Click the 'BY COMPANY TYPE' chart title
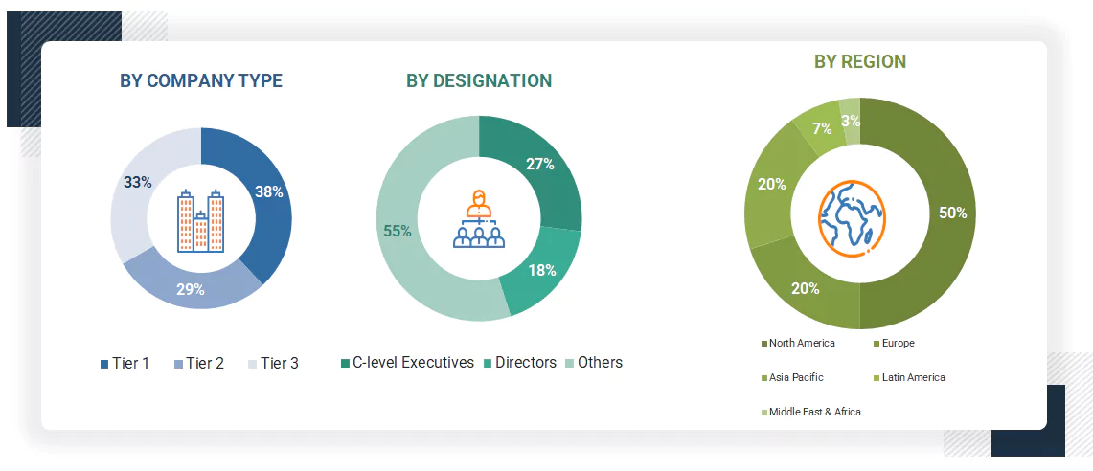[x=201, y=81]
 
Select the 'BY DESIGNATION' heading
[x=479, y=81]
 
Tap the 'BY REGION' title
[x=860, y=62]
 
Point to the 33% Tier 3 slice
[x=138, y=182]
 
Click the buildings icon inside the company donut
[x=201, y=220]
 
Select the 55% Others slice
[x=398, y=231]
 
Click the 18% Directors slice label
[x=542, y=270]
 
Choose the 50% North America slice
[x=952, y=213]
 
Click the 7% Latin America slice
[x=820, y=128]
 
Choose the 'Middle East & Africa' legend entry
[x=813, y=412]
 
